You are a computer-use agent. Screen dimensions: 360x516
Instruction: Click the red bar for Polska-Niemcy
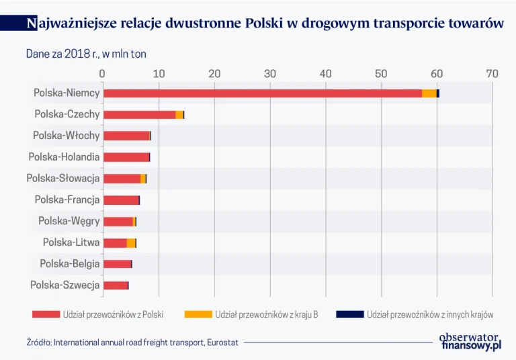[x=262, y=93]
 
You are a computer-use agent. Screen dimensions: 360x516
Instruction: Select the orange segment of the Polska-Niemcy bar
[x=429, y=93]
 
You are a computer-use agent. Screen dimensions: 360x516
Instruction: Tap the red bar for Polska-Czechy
[x=139, y=115]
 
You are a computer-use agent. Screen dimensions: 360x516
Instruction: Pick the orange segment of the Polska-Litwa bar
[x=131, y=243]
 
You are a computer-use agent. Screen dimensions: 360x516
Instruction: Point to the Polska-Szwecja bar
[x=116, y=285]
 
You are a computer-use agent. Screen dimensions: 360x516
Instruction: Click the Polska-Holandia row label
[x=64, y=157]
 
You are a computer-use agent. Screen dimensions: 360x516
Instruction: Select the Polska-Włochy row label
[x=67, y=136]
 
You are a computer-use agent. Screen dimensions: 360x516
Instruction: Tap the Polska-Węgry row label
[x=69, y=221]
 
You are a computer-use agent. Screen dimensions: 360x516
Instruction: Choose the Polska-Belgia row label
[x=70, y=264]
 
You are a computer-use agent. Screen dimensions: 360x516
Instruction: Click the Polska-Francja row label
[x=67, y=199]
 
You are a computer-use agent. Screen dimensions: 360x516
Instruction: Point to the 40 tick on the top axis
[x=325, y=74]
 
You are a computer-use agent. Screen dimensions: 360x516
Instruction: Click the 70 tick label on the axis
[x=492, y=74]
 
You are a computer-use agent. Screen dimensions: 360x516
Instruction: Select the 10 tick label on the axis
[x=159, y=74]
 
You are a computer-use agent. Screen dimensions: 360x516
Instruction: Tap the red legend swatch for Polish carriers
[x=45, y=314]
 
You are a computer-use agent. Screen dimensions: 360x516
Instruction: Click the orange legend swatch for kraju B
[x=198, y=314]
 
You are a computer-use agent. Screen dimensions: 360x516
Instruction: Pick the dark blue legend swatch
[x=349, y=314]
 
